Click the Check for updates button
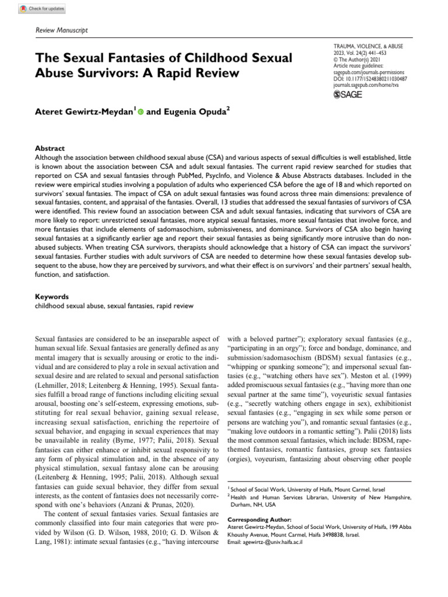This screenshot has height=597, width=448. pyautogui.click(x=42, y=9)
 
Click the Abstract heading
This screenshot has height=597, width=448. pyautogui.click(x=50, y=149)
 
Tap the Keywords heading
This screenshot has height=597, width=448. pyautogui.click(x=51, y=296)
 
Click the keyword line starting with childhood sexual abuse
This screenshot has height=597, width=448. pyautogui.click(x=114, y=305)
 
